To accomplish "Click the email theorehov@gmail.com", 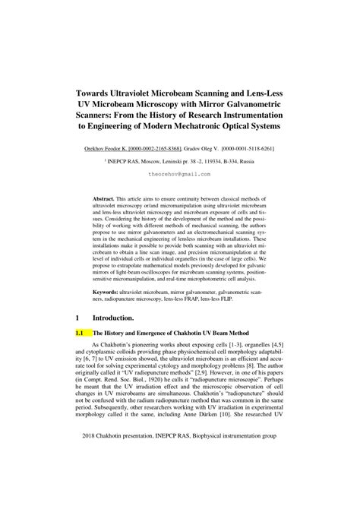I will (180, 173).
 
